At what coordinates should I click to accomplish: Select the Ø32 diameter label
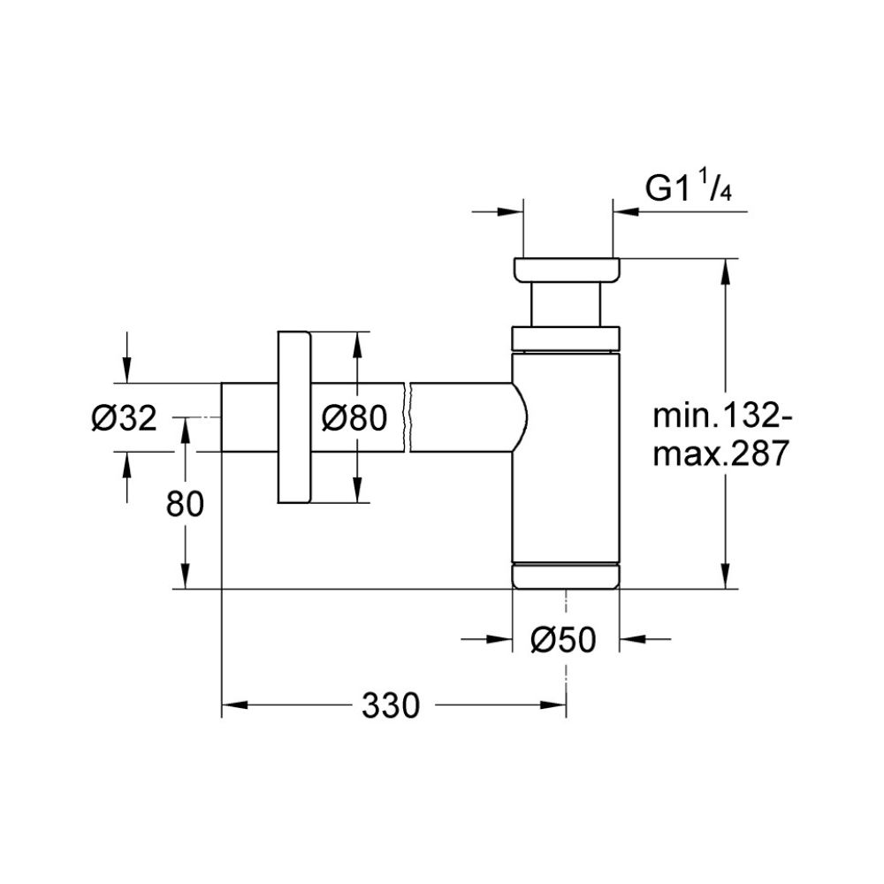coord(124,416)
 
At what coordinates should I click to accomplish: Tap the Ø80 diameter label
coord(354,416)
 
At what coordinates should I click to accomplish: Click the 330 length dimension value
coord(389,705)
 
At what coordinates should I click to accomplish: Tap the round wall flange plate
coord(293,418)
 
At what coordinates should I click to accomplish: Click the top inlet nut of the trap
coord(566,270)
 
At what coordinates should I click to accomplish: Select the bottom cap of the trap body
coord(566,575)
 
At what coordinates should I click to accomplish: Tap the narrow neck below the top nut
coord(566,305)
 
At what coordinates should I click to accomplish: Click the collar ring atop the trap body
coord(566,339)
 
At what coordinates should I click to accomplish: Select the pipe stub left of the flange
coord(248,417)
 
